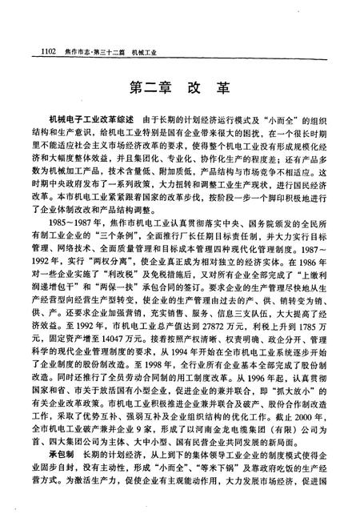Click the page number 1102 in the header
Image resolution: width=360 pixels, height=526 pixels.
[x=40, y=53]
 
